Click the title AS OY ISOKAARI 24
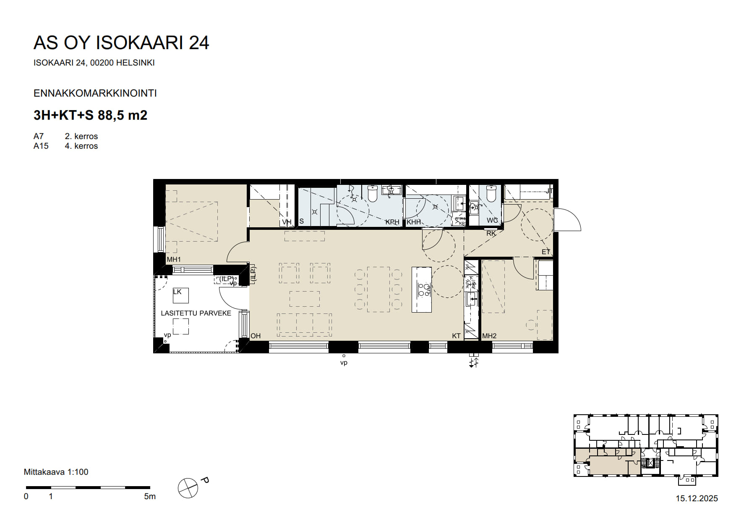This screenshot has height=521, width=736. (121, 43)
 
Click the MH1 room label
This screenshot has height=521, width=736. (173, 260)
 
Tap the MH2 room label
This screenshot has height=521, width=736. (489, 336)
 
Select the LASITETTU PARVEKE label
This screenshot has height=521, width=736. (196, 313)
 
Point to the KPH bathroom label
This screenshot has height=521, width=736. (392, 222)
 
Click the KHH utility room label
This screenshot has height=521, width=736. (414, 222)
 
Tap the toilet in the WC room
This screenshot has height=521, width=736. (491, 194)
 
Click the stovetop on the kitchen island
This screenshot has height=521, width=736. (423, 290)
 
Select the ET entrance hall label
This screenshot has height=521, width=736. (545, 252)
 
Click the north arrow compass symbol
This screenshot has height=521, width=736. (188, 488)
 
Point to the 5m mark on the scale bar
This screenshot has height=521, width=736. (150, 496)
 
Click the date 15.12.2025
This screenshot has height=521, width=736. (697, 498)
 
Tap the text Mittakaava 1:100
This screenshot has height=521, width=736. (56, 472)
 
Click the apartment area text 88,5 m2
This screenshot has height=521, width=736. (122, 115)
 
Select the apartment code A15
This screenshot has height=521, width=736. (41, 146)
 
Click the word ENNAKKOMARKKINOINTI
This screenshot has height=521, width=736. (95, 93)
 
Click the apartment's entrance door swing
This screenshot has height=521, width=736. (567, 220)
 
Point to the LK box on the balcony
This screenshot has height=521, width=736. (180, 295)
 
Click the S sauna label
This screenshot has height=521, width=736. (301, 221)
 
